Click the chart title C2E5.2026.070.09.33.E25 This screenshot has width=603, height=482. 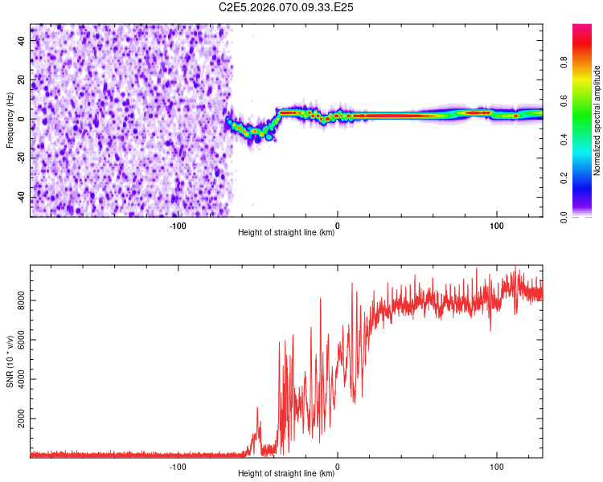click(x=287, y=7)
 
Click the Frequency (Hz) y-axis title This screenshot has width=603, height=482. click(x=10, y=120)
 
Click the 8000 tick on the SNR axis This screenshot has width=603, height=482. click(x=16, y=300)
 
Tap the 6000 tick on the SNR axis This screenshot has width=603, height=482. click(x=16, y=340)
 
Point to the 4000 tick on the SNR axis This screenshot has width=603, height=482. click(x=16, y=380)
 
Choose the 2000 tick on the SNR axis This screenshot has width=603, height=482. click(x=16, y=419)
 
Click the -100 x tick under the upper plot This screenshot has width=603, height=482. click(x=178, y=225)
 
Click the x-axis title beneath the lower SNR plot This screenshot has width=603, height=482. click(x=286, y=474)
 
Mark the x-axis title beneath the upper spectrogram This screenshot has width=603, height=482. click(x=286, y=233)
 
